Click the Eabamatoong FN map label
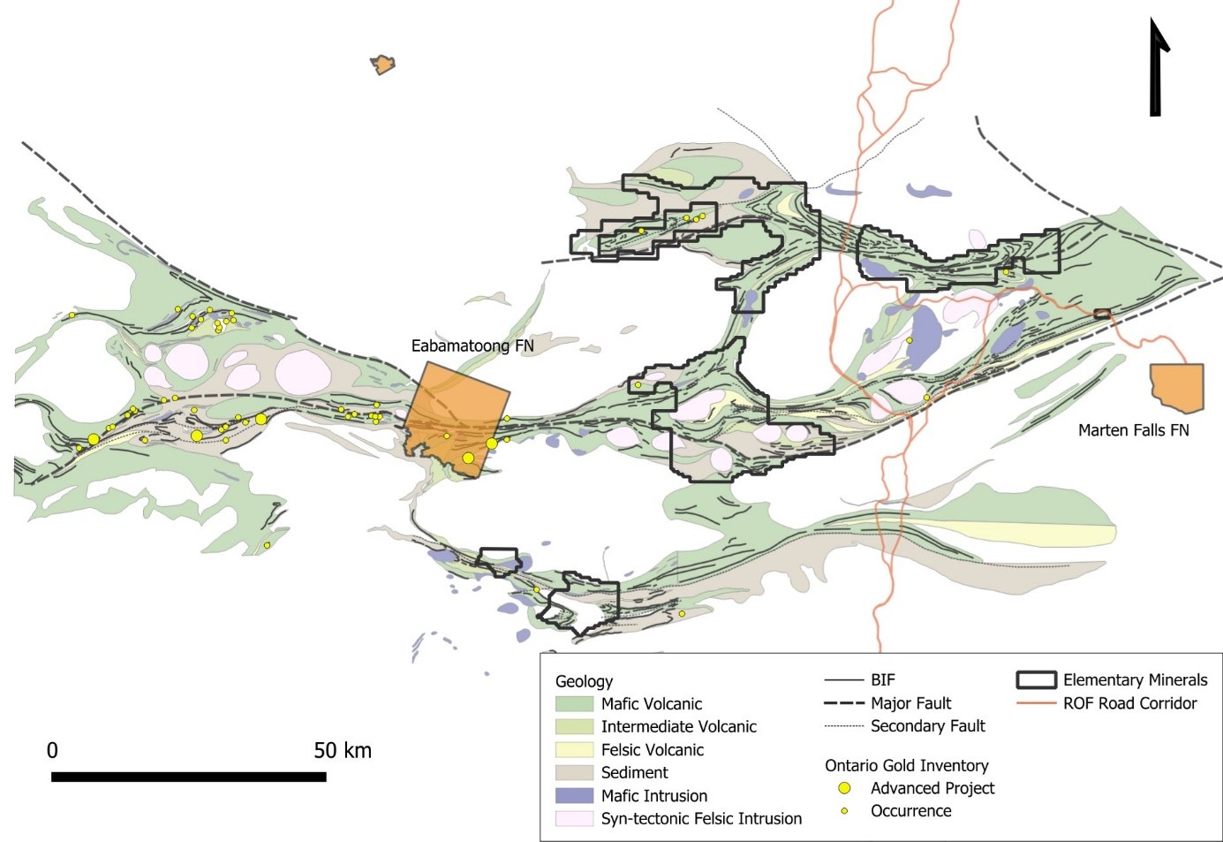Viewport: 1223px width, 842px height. [x=472, y=345]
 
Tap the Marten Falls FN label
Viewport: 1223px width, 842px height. [x=1133, y=430]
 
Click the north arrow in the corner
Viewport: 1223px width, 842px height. [x=1157, y=69]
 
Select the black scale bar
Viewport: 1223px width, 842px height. [x=188, y=777]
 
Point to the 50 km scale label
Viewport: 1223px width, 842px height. [x=343, y=751]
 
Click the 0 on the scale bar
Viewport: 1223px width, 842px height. [x=52, y=751]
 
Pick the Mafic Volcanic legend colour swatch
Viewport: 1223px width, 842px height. [x=574, y=704]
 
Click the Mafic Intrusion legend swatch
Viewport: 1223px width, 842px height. [x=574, y=796]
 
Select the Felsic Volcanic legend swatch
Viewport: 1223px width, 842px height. [x=574, y=750]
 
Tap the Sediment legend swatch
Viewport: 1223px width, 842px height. [x=574, y=773]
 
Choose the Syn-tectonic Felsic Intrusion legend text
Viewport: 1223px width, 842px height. [x=701, y=819]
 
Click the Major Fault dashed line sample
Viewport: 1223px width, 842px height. [x=843, y=704]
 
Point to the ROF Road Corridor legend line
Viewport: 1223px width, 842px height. [x=1036, y=704]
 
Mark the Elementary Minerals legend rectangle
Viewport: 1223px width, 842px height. [x=1036, y=680]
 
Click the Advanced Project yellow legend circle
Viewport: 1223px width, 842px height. [x=844, y=788]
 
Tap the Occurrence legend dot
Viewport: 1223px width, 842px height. [x=844, y=811]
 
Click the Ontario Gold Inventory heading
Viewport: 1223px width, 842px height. [x=906, y=765]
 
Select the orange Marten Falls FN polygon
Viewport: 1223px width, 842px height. [x=1178, y=386]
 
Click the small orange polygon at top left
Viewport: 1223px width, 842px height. [x=382, y=64]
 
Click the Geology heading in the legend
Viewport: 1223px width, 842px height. [x=584, y=681]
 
